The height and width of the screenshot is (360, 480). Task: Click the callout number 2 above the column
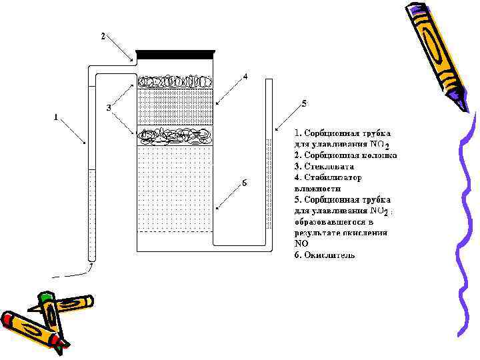[102, 35]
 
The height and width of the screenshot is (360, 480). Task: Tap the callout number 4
[245, 77]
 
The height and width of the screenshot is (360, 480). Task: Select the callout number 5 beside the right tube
[304, 103]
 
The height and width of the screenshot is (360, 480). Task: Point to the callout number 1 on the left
[56, 118]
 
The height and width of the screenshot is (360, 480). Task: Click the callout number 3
[109, 108]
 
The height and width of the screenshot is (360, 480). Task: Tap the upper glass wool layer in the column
[175, 81]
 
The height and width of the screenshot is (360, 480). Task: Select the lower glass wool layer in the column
[175, 136]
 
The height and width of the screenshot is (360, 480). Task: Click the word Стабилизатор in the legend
[332, 178]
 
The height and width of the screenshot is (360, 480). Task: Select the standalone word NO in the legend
[301, 244]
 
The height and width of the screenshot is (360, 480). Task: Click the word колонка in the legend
[381, 155]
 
